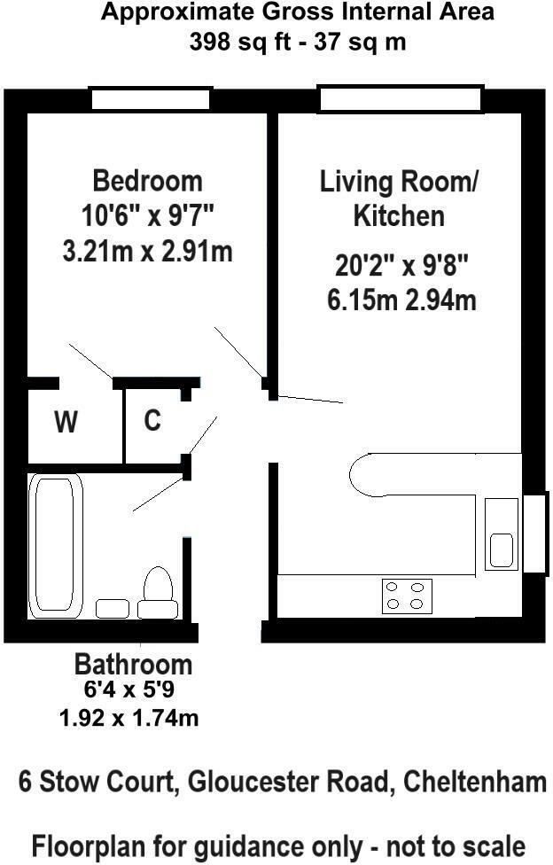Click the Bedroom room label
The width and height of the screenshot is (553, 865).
pos(147,181)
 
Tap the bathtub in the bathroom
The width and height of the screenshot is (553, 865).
pos(55,544)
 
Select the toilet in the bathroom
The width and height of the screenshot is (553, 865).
pos(158,593)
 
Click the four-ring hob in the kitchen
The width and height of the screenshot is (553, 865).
pos(407,596)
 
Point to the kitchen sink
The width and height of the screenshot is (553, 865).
pos(502,534)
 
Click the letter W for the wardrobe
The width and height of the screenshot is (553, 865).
pos(66,422)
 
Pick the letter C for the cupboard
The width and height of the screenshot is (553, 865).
pos(152,420)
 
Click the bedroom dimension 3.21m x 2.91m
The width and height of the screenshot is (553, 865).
pos(147,252)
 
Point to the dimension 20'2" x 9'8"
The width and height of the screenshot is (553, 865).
pos(401,267)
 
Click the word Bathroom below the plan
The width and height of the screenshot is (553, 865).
pos(134,665)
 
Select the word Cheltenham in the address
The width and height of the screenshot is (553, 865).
pos(475,782)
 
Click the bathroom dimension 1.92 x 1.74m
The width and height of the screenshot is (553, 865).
pos(129,718)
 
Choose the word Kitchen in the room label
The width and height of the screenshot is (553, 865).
pos(399,215)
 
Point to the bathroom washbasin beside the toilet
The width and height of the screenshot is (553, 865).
pos(113,609)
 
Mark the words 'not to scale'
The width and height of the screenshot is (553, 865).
pos(456,846)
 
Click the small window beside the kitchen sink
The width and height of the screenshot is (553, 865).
pos(535,533)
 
